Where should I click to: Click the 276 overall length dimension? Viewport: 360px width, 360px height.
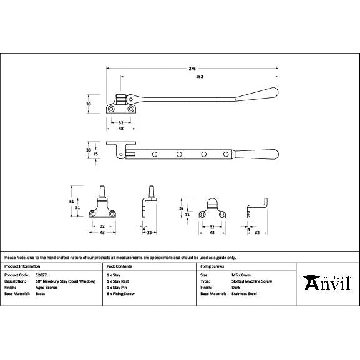tap(192, 69)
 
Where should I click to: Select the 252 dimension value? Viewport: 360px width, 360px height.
tap(199, 77)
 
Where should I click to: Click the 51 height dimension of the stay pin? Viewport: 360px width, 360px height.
tap(71, 201)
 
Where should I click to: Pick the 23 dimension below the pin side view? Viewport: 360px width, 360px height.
tap(151, 232)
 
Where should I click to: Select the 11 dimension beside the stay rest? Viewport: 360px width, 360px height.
tap(187, 213)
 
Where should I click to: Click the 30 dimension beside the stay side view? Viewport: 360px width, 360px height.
tap(89, 150)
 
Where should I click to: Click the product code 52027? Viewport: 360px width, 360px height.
tap(42, 275)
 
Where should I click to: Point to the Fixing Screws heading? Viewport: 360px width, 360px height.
tap(211, 266)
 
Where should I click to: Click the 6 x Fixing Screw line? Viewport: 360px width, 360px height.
tap(121, 293)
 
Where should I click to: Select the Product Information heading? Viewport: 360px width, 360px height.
tap(22, 266)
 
